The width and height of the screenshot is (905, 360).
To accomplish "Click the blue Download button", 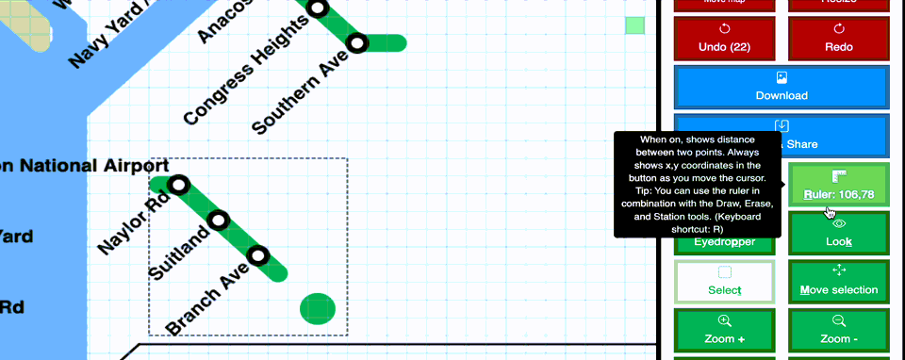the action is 782,87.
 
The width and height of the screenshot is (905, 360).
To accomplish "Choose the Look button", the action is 838,233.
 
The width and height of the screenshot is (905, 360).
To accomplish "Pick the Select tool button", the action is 724,281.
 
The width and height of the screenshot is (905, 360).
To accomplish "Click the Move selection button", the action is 838,281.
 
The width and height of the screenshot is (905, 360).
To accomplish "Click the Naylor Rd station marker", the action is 179,184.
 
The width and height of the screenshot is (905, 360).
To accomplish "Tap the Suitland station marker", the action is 219,221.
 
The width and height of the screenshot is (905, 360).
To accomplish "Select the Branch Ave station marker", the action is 257,255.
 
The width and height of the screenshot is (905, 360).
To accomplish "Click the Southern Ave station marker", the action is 356,42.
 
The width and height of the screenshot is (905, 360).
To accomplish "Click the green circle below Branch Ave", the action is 318,308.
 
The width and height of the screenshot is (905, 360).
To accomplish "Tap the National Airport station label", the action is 85,167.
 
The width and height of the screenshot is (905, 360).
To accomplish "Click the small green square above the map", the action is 634,25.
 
